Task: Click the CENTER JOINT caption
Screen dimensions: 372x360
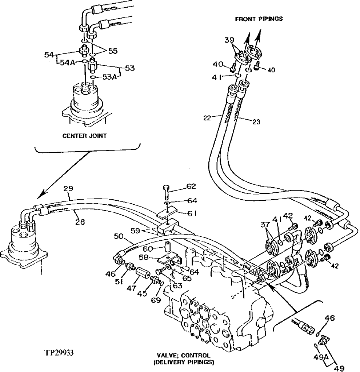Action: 85,136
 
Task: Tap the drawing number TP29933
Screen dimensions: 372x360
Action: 60,352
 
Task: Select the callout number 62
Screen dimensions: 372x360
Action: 191,187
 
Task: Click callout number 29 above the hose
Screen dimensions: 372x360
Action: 68,189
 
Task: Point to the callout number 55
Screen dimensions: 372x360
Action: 112,52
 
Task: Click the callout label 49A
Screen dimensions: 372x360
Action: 320,357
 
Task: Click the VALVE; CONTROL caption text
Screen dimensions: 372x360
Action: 183,355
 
